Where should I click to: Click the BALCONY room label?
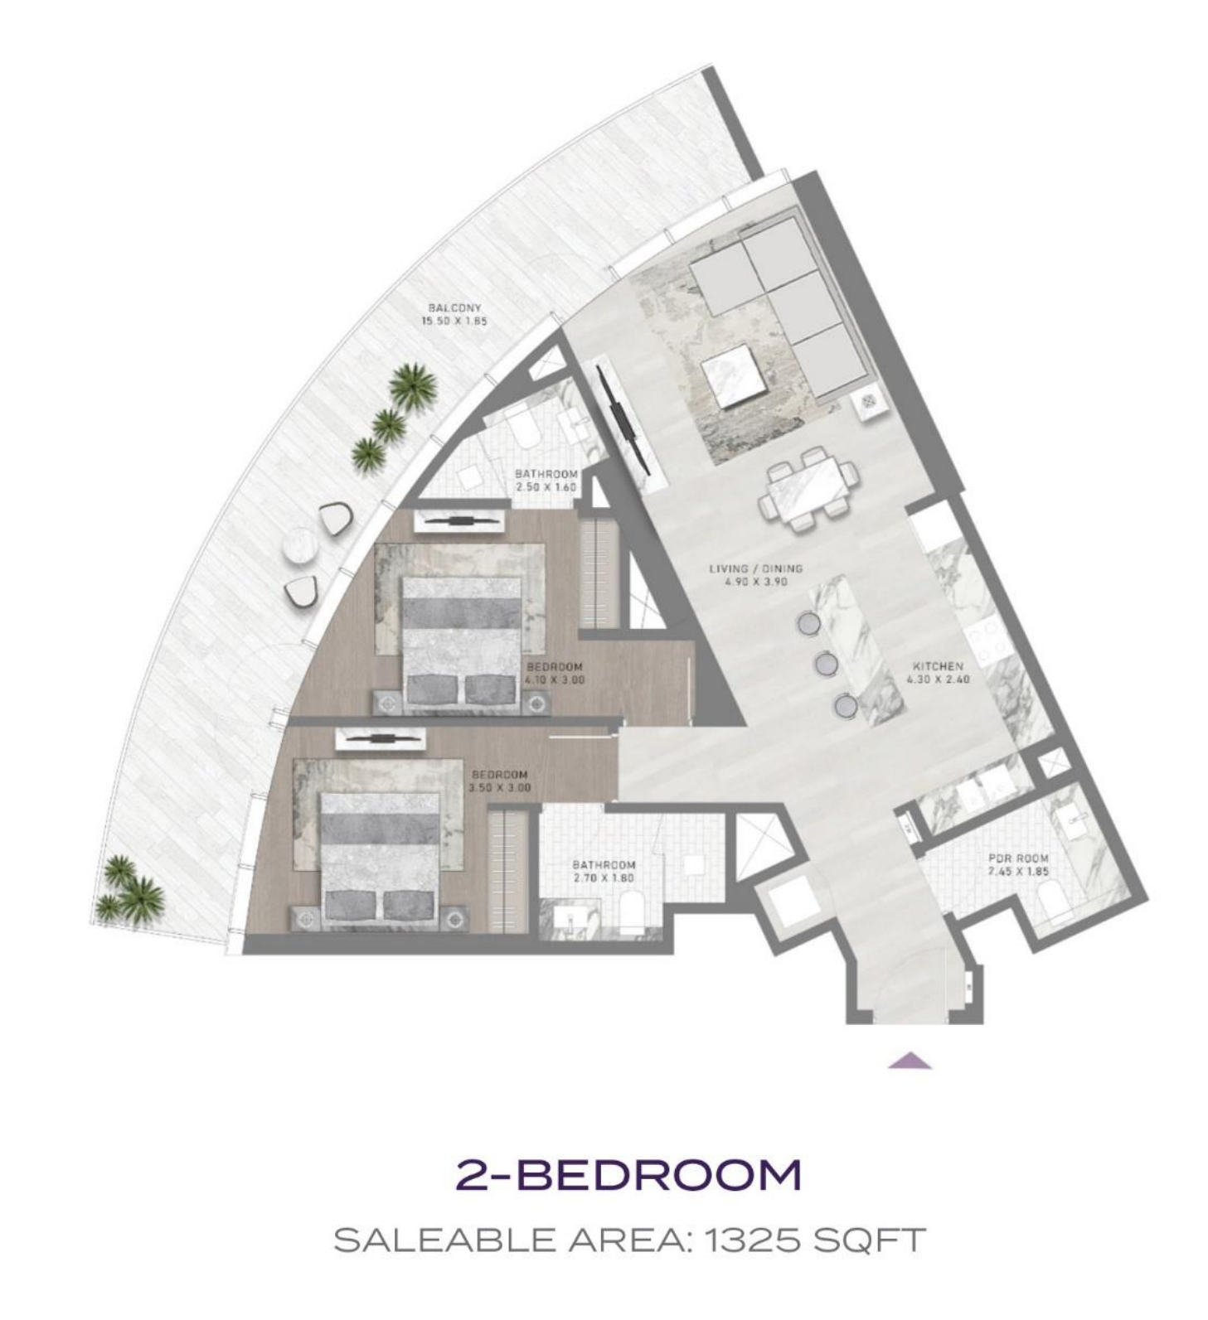coord(454,307)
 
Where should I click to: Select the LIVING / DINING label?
coord(755,568)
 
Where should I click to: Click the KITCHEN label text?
coord(938,666)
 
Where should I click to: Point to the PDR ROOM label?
coord(1018,858)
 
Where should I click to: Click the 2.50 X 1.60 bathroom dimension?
coord(546,486)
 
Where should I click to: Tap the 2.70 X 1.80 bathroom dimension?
coord(604,878)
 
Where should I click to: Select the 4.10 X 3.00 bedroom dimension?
coord(555,679)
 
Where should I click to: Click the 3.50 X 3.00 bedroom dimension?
coord(499,787)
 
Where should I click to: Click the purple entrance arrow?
coord(910,1061)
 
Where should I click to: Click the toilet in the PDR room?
coord(1055,903)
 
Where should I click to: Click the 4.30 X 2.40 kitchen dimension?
coord(938,679)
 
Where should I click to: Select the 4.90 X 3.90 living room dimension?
coord(755,582)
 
